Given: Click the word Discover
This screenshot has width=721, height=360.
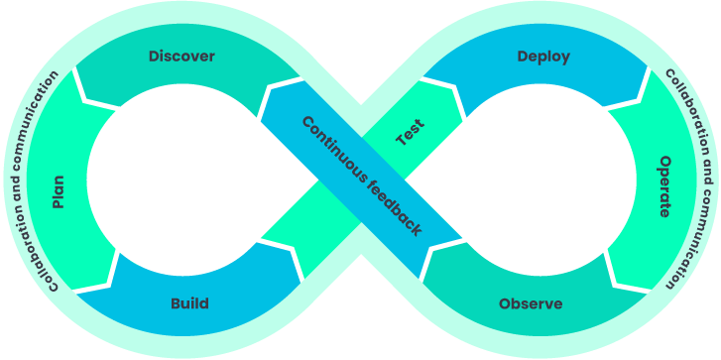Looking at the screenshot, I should tap(181, 57).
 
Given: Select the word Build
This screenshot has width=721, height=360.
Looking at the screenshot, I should tap(189, 303).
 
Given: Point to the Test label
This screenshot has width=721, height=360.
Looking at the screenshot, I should tap(410, 133).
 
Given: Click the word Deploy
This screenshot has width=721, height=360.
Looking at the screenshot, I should tap(543, 57).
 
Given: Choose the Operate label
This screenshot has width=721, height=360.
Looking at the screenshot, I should tap(663, 185).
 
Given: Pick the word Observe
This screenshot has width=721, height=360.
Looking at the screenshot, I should tap(531, 303).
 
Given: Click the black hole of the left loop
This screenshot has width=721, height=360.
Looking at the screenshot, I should tap(179, 180).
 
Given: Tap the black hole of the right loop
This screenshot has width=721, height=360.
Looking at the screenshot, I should tap(541, 180).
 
